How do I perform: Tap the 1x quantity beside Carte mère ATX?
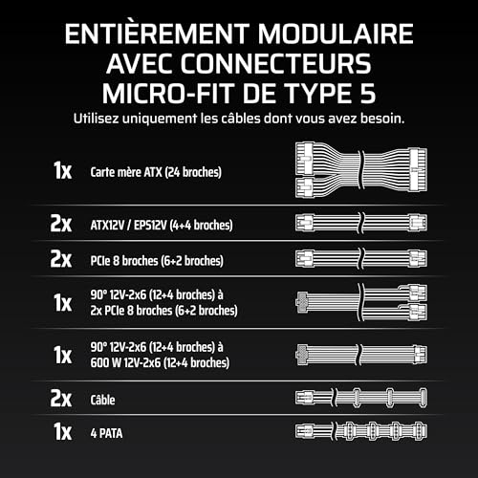pos(61,171)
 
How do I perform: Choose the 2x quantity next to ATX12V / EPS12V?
pos(60,225)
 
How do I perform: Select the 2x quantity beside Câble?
pos(60,396)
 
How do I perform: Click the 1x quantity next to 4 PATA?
pos(61,432)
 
